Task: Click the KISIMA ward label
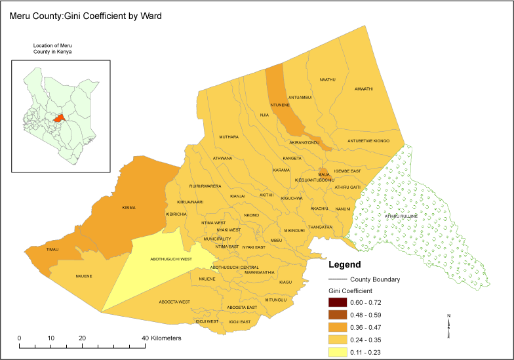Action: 128,207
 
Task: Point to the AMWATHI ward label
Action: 363,89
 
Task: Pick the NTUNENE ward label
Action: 280,105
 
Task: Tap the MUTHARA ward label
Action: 229,137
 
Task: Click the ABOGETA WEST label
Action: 174,302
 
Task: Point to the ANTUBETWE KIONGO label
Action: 368,141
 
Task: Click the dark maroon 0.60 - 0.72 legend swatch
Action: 338,302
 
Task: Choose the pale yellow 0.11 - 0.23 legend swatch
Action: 338,352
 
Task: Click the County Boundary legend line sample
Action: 338,279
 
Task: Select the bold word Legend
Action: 344,265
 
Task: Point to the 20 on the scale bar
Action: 83,338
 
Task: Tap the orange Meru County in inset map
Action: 60,118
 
